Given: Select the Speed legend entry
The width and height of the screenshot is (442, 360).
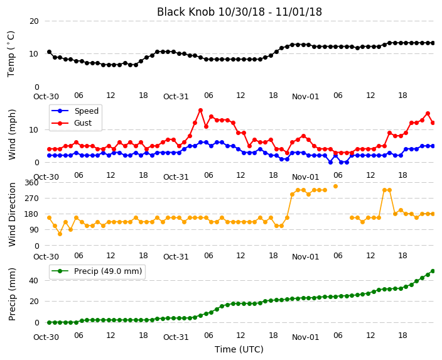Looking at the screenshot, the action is (x=75, y=111).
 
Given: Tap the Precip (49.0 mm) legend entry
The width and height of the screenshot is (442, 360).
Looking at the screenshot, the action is (x=97, y=271).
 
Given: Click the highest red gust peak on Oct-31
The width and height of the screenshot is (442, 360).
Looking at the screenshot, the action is (x=200, y=111).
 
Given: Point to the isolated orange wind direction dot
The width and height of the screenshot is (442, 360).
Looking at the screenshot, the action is (x=335, y=186).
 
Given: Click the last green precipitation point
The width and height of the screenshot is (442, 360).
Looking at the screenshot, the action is (x=433, y=271).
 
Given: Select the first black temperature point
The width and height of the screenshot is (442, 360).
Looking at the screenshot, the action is (x=50, y=52).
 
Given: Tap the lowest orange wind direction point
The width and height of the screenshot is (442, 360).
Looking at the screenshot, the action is (x=60, y=234).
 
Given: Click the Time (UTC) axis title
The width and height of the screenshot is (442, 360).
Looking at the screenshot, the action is (x=239, y=349).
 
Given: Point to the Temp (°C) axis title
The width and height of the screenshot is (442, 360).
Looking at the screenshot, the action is (x=11, y=54).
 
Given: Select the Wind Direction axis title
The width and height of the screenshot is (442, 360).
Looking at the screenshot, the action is (x=12, y=215).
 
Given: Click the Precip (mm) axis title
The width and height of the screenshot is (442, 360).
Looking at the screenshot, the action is (x=12, y=294).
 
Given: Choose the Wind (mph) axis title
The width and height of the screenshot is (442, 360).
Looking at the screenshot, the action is (x=12, y=134).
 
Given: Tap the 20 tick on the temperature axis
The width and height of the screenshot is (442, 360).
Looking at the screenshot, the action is (x=34, y=21).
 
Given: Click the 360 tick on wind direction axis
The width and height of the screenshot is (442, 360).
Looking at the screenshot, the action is (x=31, y=183).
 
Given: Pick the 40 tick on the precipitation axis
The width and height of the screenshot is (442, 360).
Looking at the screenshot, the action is (x=34, y=281).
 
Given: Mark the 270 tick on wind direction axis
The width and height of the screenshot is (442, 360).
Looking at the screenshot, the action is (x=31, y=199).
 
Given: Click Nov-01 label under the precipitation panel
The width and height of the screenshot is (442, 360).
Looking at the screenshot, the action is (x=306, y=337).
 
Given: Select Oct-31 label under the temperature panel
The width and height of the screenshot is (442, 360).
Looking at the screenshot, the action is (x=176, y=97).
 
